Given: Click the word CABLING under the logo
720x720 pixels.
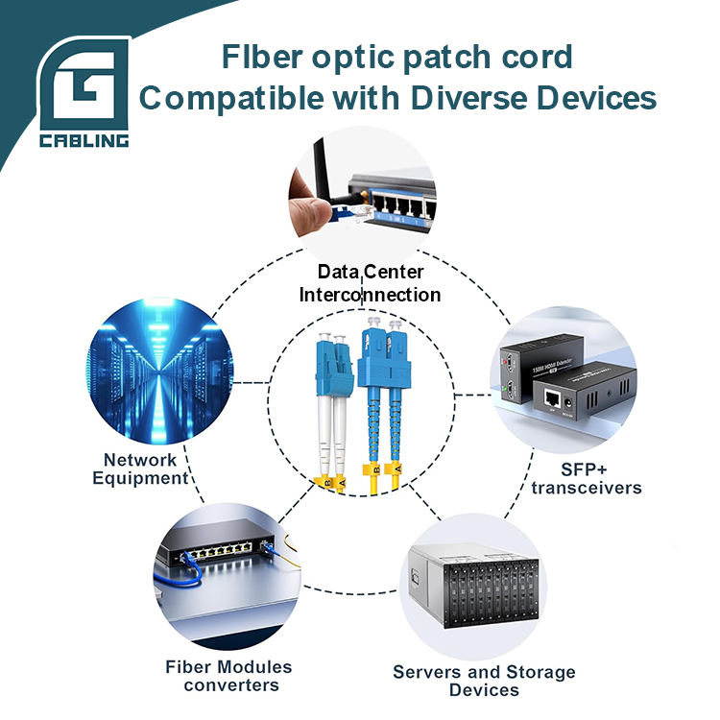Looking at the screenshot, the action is (84, 140).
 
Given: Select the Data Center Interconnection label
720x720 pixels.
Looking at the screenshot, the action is (370, 283).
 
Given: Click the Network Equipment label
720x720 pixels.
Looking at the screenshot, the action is (140, 468).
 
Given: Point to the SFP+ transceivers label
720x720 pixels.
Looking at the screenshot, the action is (587, 479).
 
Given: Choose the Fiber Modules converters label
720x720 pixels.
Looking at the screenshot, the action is (228, 676).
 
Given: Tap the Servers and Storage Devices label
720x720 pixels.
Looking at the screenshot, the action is (484, 681).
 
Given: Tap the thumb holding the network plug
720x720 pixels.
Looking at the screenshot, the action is (307, 212).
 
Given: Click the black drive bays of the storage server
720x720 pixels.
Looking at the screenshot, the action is (490, 591).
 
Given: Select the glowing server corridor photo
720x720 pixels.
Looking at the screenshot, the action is (159, 371).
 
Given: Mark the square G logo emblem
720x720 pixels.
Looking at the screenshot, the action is (84, 84).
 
